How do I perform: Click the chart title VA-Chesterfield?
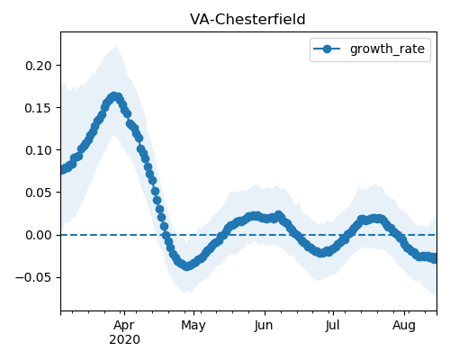(x=247, y=20)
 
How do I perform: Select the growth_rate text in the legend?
(x=387, y=49)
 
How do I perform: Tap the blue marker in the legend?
(x=327, y=49)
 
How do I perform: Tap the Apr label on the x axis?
(x=124, y=326)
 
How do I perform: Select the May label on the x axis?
(x=193, y=326)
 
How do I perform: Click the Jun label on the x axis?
(x=265, y=326)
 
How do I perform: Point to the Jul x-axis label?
(x=333, y=326)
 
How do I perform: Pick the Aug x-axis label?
(x=404, y=326)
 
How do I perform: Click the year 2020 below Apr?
(x=124, y=339)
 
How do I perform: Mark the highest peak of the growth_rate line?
(x=114, y=96)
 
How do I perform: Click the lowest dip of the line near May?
(x=187, y=266)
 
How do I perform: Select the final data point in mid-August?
(x=434, y=258)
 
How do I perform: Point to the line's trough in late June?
(x=321, y=253)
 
